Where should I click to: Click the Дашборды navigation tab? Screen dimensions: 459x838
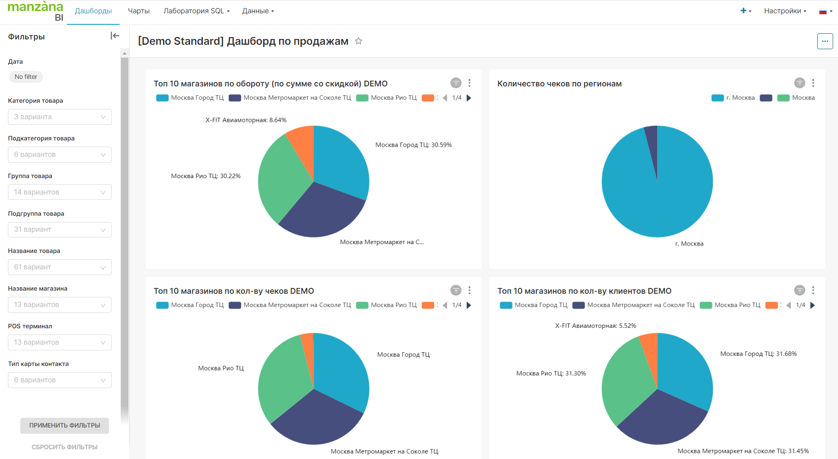[x=93, y=11]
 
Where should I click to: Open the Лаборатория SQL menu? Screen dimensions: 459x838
[x=196, y=11]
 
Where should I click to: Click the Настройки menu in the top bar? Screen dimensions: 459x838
[x=785, y=11]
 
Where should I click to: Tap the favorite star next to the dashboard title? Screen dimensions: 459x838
[x=359, y=41]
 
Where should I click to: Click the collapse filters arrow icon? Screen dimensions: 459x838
[x=115, y=36]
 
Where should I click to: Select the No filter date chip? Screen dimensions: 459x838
[x=26, y=77]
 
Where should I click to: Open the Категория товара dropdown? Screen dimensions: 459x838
[x=60, y=117]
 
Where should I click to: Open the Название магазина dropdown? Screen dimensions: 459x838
[x=60, y=305]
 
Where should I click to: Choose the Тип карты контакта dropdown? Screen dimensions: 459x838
[x=60, y=380]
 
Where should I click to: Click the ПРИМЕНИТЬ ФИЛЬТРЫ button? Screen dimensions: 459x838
[x=65, y=425]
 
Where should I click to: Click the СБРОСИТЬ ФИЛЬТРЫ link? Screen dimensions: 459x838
[x=65, y=447]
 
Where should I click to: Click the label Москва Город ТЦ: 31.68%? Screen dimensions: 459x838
[x=758, y=354]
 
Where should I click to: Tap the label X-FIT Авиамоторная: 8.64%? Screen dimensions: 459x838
[x=246, y=120]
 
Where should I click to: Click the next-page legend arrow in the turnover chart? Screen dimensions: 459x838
[x=469, y=98]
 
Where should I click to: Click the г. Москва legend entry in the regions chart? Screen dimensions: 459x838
[x=733, y=98]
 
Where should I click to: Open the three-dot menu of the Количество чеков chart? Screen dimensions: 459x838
[x=813, y=83]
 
